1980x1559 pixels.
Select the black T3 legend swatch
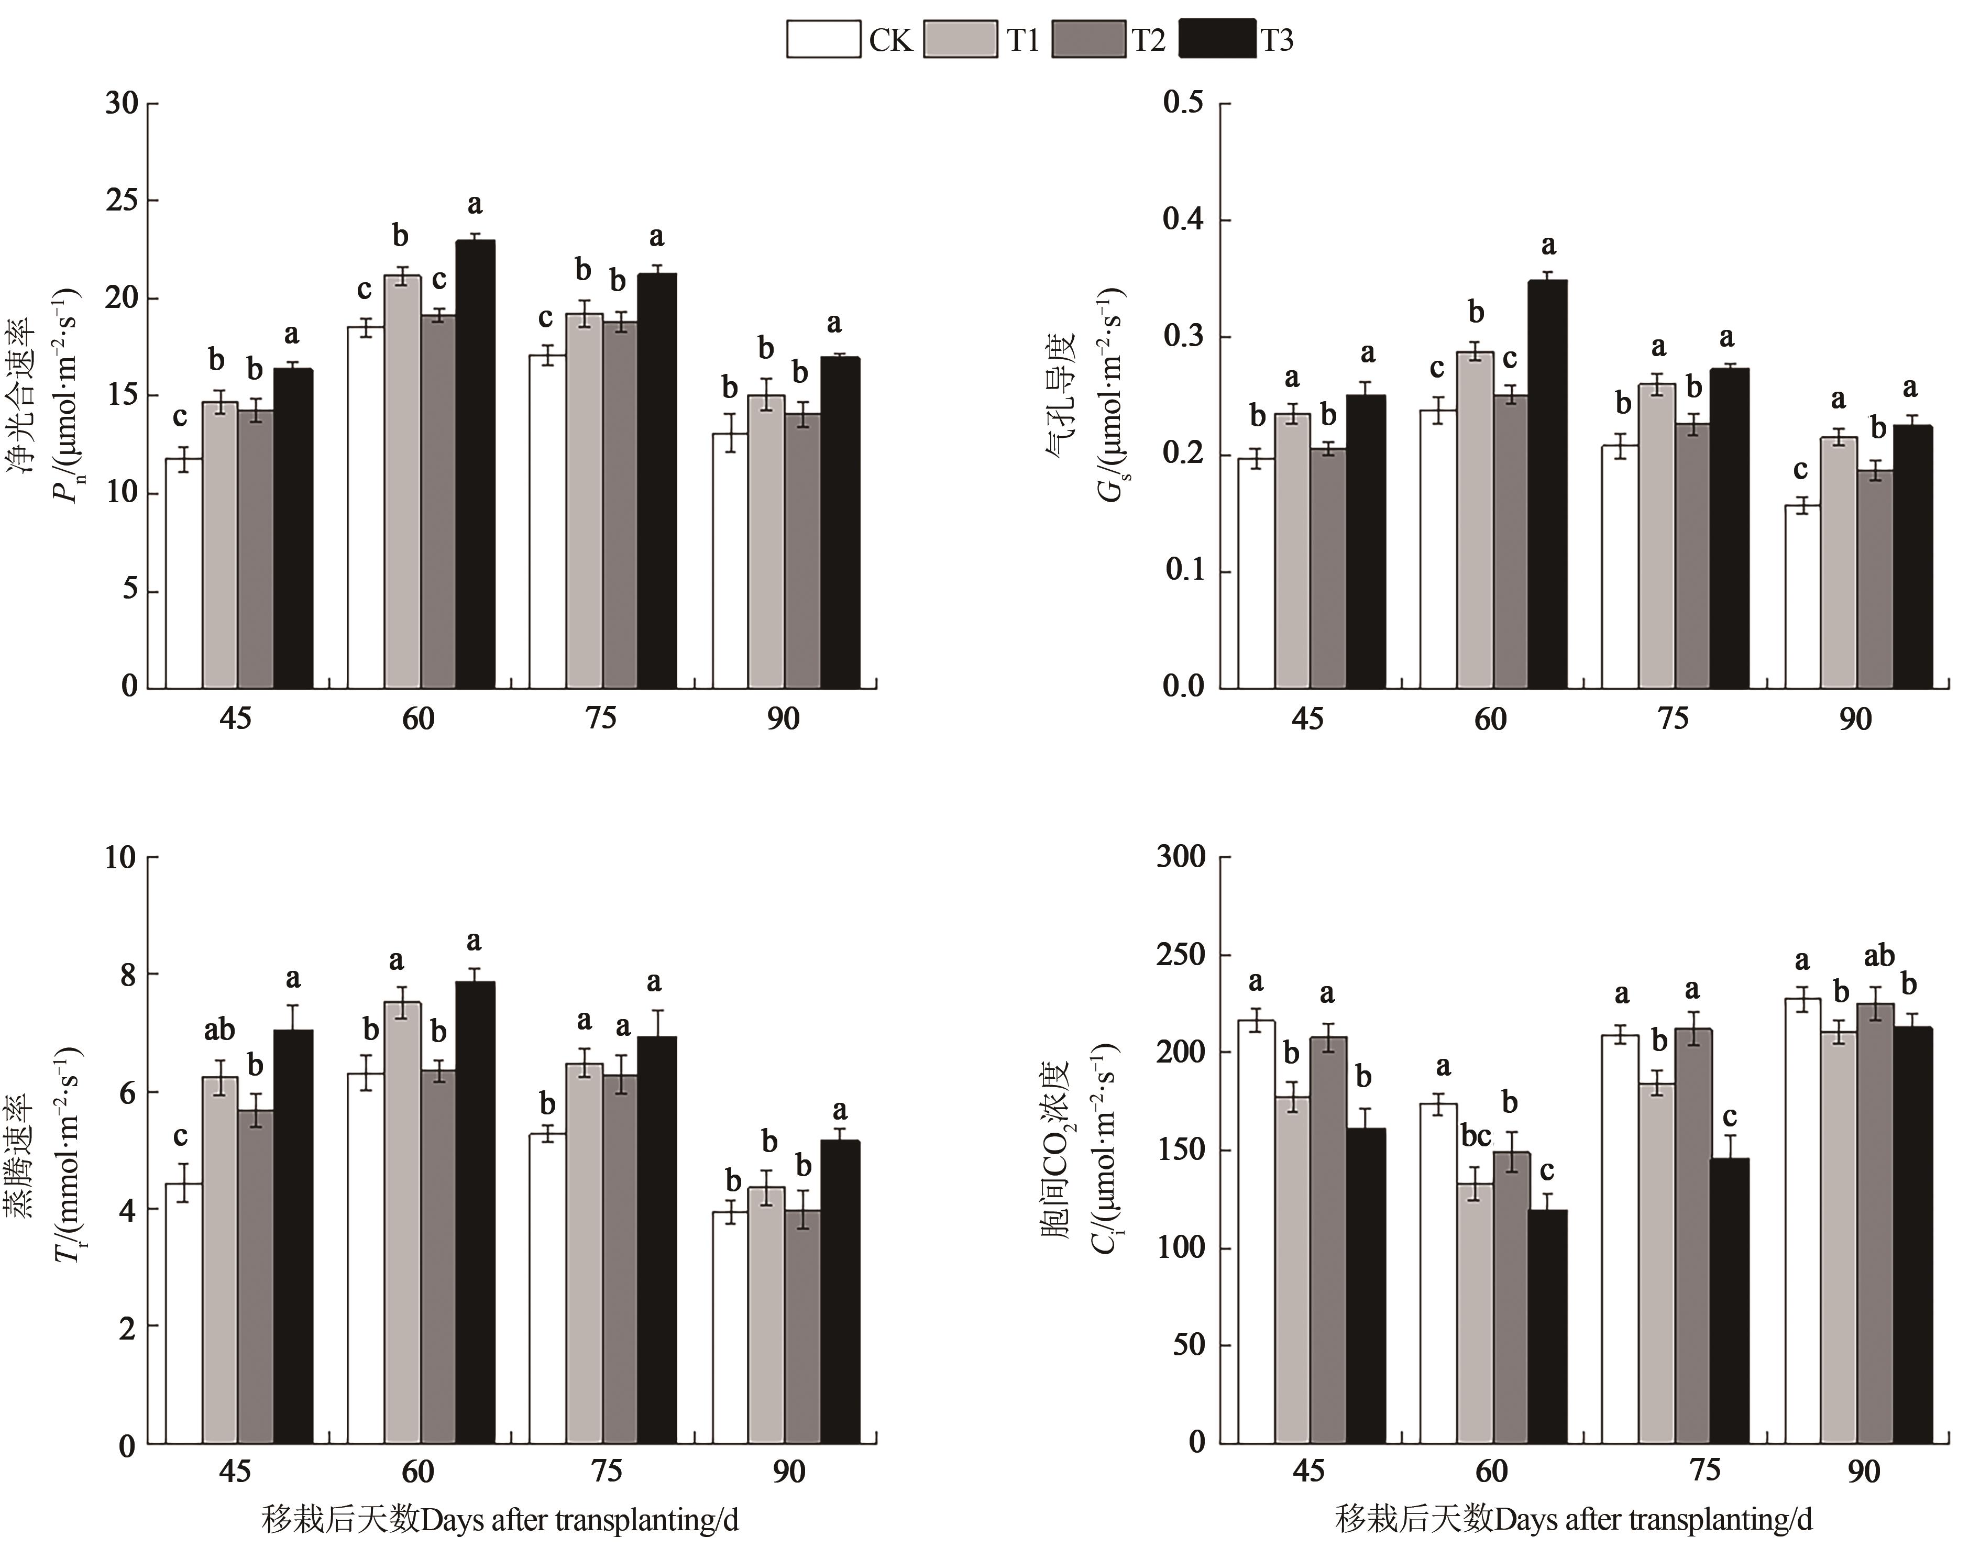[x=1217, y=39]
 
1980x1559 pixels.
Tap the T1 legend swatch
[x=960, y=39]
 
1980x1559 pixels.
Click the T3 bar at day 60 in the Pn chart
[x=475, y=463]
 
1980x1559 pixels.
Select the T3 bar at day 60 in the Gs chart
[x=1547, y=484]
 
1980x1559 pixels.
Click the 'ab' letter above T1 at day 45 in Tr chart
[x=219, y=1031]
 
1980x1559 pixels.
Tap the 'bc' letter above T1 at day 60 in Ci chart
[x=1475, y=1136]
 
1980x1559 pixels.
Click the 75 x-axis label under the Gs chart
[x=1673, y=719]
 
